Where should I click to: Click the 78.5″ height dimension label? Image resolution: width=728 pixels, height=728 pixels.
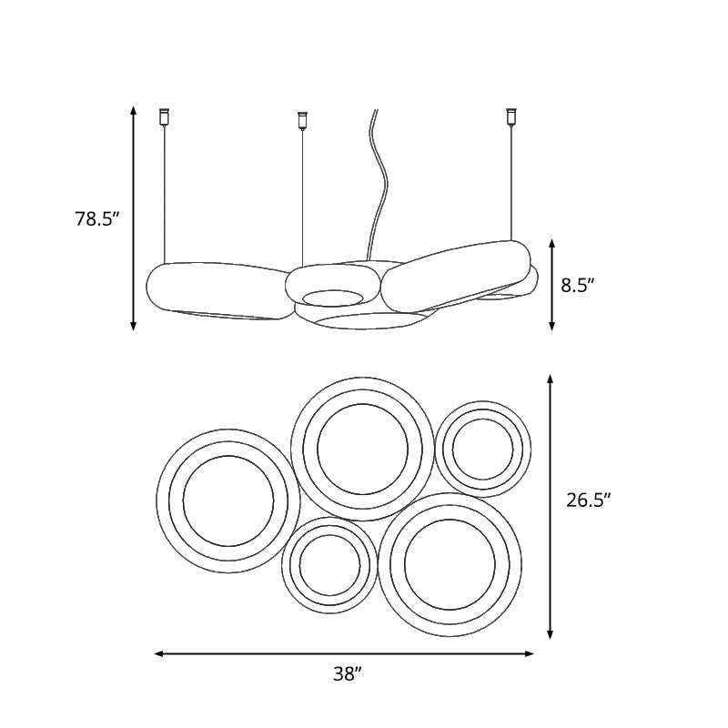97,218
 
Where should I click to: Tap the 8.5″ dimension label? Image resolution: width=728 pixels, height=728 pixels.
578,285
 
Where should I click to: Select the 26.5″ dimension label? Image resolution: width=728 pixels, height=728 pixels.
588,500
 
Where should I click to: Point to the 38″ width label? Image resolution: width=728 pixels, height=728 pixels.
347,674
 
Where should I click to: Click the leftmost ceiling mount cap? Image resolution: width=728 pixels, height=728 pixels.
165,116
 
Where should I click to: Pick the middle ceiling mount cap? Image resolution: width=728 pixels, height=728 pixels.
303,119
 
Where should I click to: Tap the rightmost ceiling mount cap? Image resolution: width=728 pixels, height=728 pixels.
511,116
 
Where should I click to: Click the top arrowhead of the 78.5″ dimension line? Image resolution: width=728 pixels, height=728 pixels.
134,111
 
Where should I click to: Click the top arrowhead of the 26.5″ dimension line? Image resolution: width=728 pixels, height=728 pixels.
551,379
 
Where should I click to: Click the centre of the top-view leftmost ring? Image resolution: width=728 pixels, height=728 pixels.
228,500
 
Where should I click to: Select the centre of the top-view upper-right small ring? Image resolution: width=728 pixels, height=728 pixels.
482,449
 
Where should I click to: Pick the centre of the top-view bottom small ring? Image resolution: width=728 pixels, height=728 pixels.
329,564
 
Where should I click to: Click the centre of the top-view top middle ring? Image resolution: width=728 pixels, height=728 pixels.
363,449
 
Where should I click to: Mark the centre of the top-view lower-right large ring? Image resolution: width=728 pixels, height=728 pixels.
450,565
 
